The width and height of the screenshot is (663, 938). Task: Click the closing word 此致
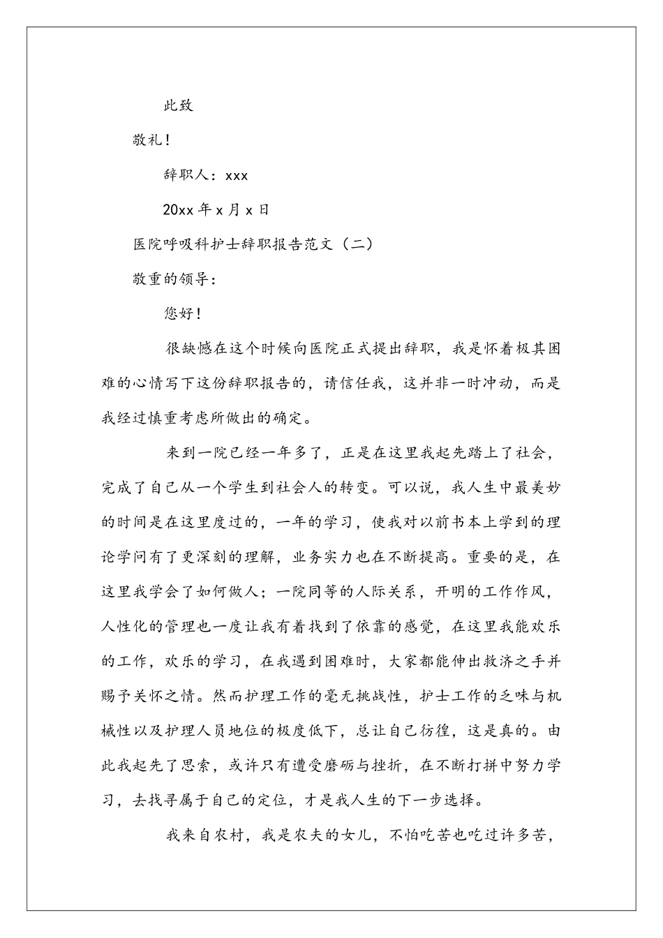tap(178, 106)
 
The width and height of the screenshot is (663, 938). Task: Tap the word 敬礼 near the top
tap(147, 140)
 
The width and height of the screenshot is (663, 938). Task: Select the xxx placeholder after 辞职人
tap(237, 175)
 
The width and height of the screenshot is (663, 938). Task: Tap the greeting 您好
tap(179, 314)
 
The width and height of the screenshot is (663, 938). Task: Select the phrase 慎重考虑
tap(177, 419)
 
